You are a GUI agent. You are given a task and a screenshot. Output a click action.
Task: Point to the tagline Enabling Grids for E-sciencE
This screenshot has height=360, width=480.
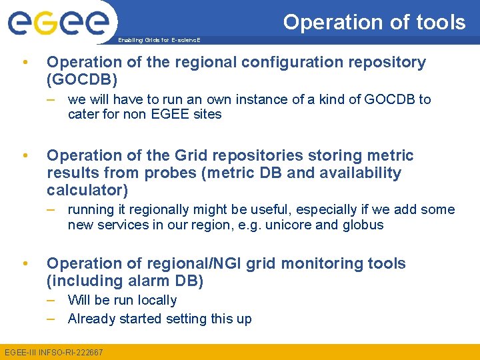(159, 41)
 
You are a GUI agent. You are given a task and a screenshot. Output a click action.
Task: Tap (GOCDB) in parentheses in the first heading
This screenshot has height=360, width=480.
(81, 80)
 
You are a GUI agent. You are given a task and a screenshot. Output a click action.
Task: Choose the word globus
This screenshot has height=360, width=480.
(363, 225)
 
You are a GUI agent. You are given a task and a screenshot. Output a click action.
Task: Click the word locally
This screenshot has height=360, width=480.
(155, 300)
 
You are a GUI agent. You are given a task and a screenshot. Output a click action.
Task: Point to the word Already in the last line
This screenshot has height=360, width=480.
(91, 319)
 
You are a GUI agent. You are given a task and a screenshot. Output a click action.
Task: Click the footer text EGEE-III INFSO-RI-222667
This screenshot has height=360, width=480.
(54, 352)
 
